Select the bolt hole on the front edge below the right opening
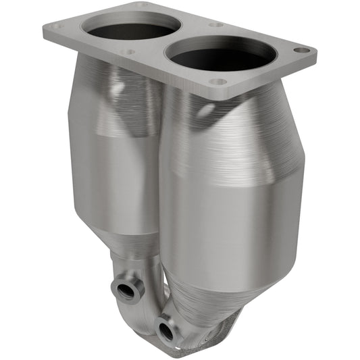coord(218,82)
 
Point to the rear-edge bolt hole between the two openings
coord(215,24)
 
